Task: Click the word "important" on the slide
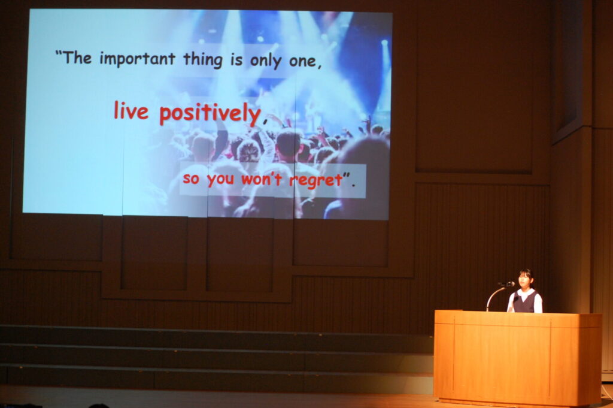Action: click(x=137, y=59)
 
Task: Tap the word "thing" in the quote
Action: click(x=203, y=60)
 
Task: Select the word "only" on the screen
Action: click(x=265, y=61)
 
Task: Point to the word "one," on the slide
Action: click(x=305, y=62)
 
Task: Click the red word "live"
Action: click(x=131, y=110)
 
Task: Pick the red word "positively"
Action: click(x=210, y=113)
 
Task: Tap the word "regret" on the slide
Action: click(x=316, y=180)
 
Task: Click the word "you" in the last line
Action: click(x=220, y=180)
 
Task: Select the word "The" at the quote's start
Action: click(x=77, y=58)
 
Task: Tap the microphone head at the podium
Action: click(x=508, y=284)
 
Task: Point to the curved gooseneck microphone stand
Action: click(x=493, y=296)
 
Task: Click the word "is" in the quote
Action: click(x=236, y=61)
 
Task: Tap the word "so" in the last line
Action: click(x=191, y=179)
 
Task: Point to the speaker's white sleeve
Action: click(x=539, y=303)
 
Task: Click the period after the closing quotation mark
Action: click(x=353, y=185)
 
